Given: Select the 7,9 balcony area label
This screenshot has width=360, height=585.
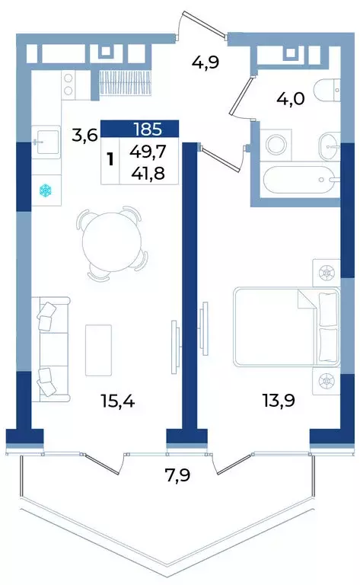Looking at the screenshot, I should tap(180, 477).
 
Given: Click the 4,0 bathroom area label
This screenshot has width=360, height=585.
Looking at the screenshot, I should tap(290, 101).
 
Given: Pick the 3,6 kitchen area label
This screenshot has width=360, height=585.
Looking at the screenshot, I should tap(84, 136).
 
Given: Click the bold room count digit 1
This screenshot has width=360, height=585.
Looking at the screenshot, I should tap(111, 158).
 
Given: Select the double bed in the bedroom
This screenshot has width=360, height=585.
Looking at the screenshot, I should tap(285, 326).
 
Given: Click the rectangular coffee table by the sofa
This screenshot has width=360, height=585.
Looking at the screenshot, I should tap(98, 349).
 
